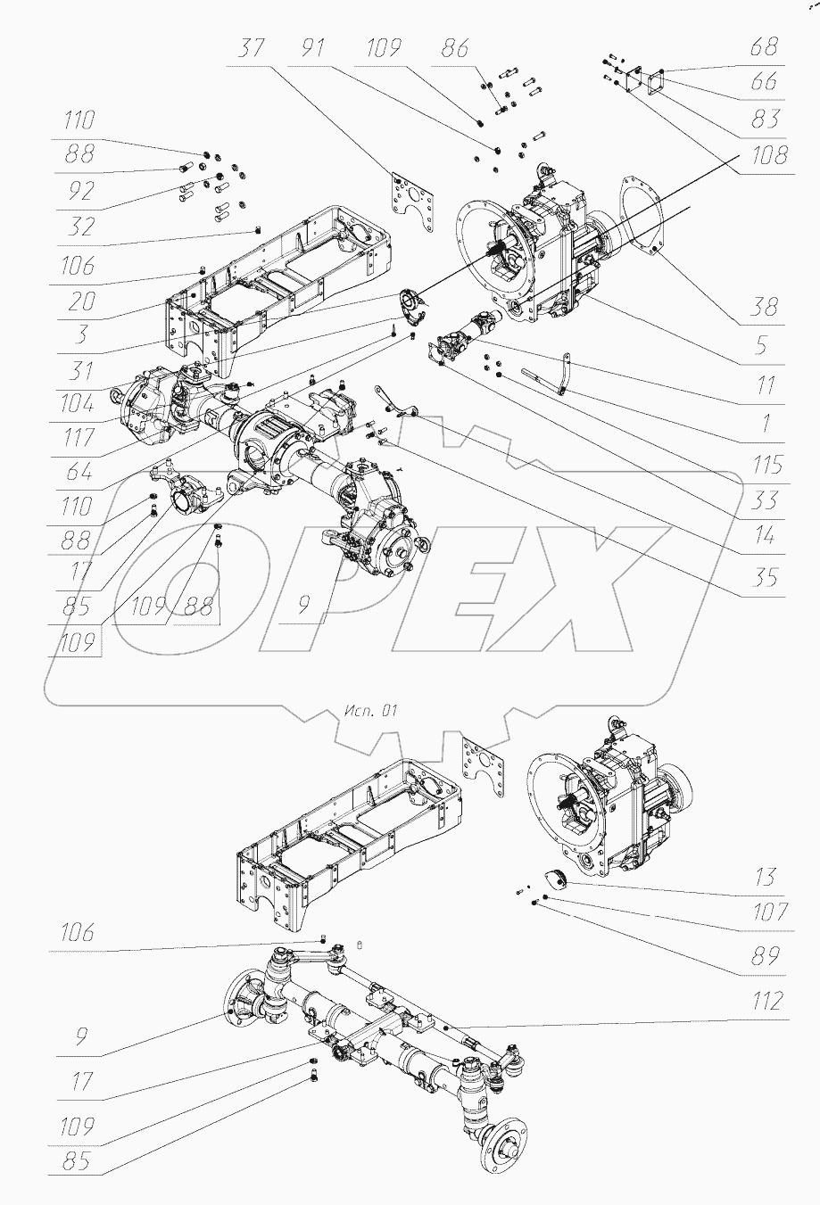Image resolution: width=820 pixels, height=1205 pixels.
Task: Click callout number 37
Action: click(x=252, y=48)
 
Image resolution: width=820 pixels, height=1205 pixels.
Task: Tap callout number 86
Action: click(x=455, y=48)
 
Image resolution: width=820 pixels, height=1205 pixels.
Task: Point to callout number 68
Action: click(x=764, y=46)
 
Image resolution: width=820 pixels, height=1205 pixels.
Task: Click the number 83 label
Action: click(x=764, y=119)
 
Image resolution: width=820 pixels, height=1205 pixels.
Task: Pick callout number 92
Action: click(x=79, y=191)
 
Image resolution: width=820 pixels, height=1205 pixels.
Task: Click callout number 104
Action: click(x=79, y=403)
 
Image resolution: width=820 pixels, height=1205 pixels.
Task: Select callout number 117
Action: click(x=79, y=439)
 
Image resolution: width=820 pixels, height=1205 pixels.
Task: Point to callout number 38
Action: click(x=764, y=307)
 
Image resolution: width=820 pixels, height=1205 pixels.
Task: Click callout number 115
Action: click(x=764, y=465)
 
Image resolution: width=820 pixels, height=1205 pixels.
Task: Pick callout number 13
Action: click(x=764, y=877)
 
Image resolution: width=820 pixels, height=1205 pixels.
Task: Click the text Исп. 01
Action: click(x=368, y=711)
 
